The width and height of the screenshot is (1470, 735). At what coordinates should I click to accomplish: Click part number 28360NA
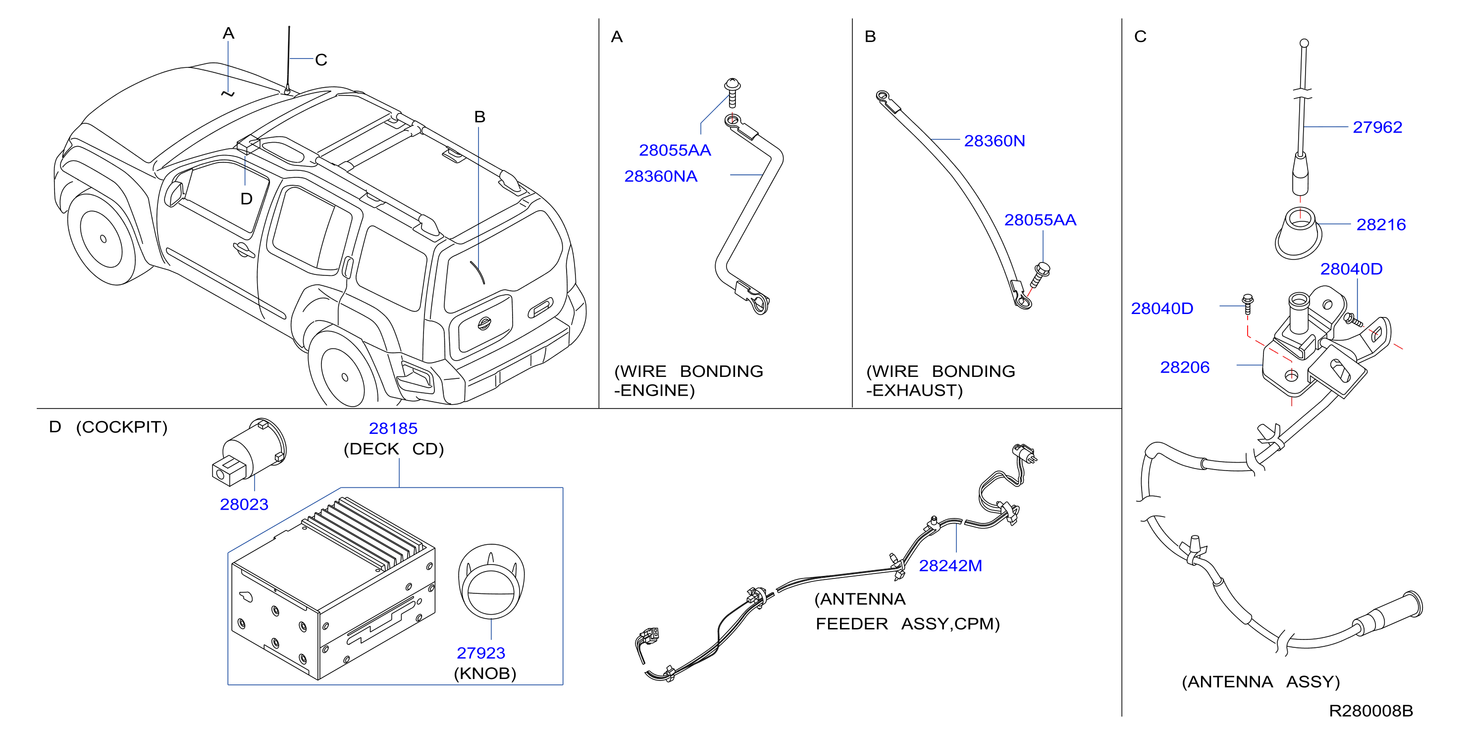pos(660,176)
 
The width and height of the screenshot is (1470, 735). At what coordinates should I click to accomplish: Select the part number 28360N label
pos(994,141)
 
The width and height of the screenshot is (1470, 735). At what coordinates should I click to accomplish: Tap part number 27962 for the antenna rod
pos(1377,127)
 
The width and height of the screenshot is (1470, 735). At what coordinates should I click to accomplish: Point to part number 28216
pos(1381,225)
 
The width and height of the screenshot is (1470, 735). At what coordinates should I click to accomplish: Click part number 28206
pos(1185,367)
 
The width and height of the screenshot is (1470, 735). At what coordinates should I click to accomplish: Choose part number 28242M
pos(950,566)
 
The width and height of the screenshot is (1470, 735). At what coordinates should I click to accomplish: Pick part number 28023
pos(244,505)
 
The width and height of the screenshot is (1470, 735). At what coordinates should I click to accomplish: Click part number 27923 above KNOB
pos(480,653)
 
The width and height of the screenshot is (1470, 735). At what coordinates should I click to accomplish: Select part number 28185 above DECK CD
pos(393,428)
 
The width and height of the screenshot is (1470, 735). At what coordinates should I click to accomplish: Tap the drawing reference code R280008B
pos(1371,711)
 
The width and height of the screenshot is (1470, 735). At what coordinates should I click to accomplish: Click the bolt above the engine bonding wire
pos(732,93)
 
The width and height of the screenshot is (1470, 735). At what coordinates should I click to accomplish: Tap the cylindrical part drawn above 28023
pos(249,452)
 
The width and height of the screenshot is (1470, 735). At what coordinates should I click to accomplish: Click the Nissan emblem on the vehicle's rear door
pos(484,323)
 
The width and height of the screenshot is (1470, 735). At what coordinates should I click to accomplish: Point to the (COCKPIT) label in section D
pos(121,427)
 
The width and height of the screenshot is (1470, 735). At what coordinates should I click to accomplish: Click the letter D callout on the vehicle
pos(246,199)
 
